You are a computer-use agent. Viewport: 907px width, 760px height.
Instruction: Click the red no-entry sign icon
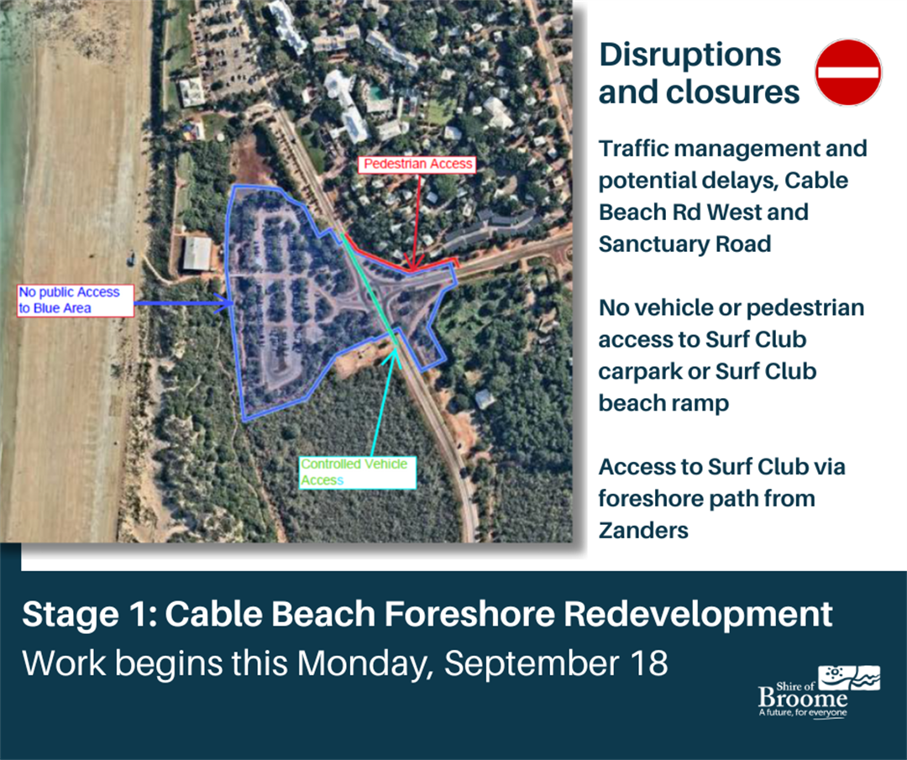(849, 72)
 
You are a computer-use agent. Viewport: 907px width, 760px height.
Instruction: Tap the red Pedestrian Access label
(418, 165)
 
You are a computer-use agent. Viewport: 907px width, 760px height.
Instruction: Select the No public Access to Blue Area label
(76, 301)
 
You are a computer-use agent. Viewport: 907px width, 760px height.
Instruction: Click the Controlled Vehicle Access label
(358, 472)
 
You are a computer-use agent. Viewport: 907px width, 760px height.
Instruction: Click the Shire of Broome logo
(819, 691)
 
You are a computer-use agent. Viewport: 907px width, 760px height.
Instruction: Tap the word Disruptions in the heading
(689, 55)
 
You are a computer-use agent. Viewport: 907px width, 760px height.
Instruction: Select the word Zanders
(643, 530)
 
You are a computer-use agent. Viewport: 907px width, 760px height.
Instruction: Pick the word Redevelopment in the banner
(697, 614)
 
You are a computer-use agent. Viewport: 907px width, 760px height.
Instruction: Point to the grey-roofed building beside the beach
(197, 254)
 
